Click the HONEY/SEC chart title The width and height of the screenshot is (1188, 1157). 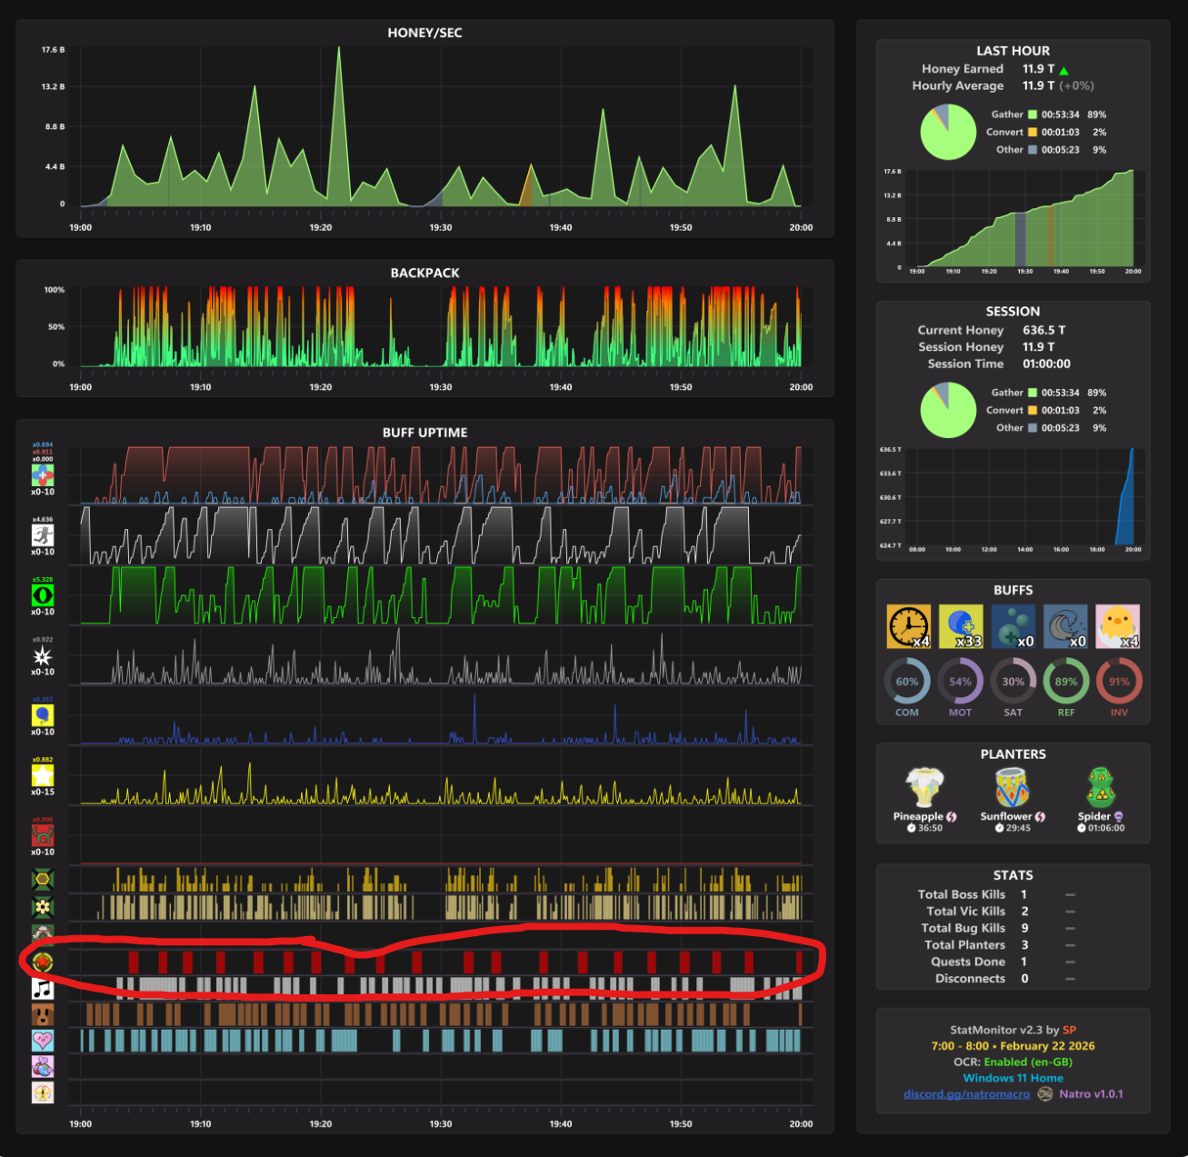coord(424,33)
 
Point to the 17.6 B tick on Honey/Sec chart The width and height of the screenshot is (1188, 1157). coord(53,50)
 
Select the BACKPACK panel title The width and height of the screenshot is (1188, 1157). coord(424,273)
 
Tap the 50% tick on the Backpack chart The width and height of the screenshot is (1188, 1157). coord(55,327)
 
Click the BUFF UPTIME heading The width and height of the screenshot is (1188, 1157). coord(424,433)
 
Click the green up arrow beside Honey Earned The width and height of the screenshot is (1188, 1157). coord(1063,70)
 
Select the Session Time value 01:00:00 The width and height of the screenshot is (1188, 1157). coord(1046,364)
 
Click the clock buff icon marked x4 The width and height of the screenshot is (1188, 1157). coord(909,626)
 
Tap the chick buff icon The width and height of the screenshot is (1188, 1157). coord(1117,626)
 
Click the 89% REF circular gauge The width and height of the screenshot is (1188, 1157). coord(1065,682)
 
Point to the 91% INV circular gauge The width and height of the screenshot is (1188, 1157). coord(1118,682)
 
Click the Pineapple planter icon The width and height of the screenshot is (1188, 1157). coord(923,787)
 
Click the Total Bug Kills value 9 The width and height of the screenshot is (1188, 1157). coord(1024,928)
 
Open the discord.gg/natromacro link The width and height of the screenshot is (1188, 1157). coord(966,1093)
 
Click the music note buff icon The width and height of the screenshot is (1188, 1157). coord(43,988)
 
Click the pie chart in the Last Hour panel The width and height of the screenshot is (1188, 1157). coord(948,132)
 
